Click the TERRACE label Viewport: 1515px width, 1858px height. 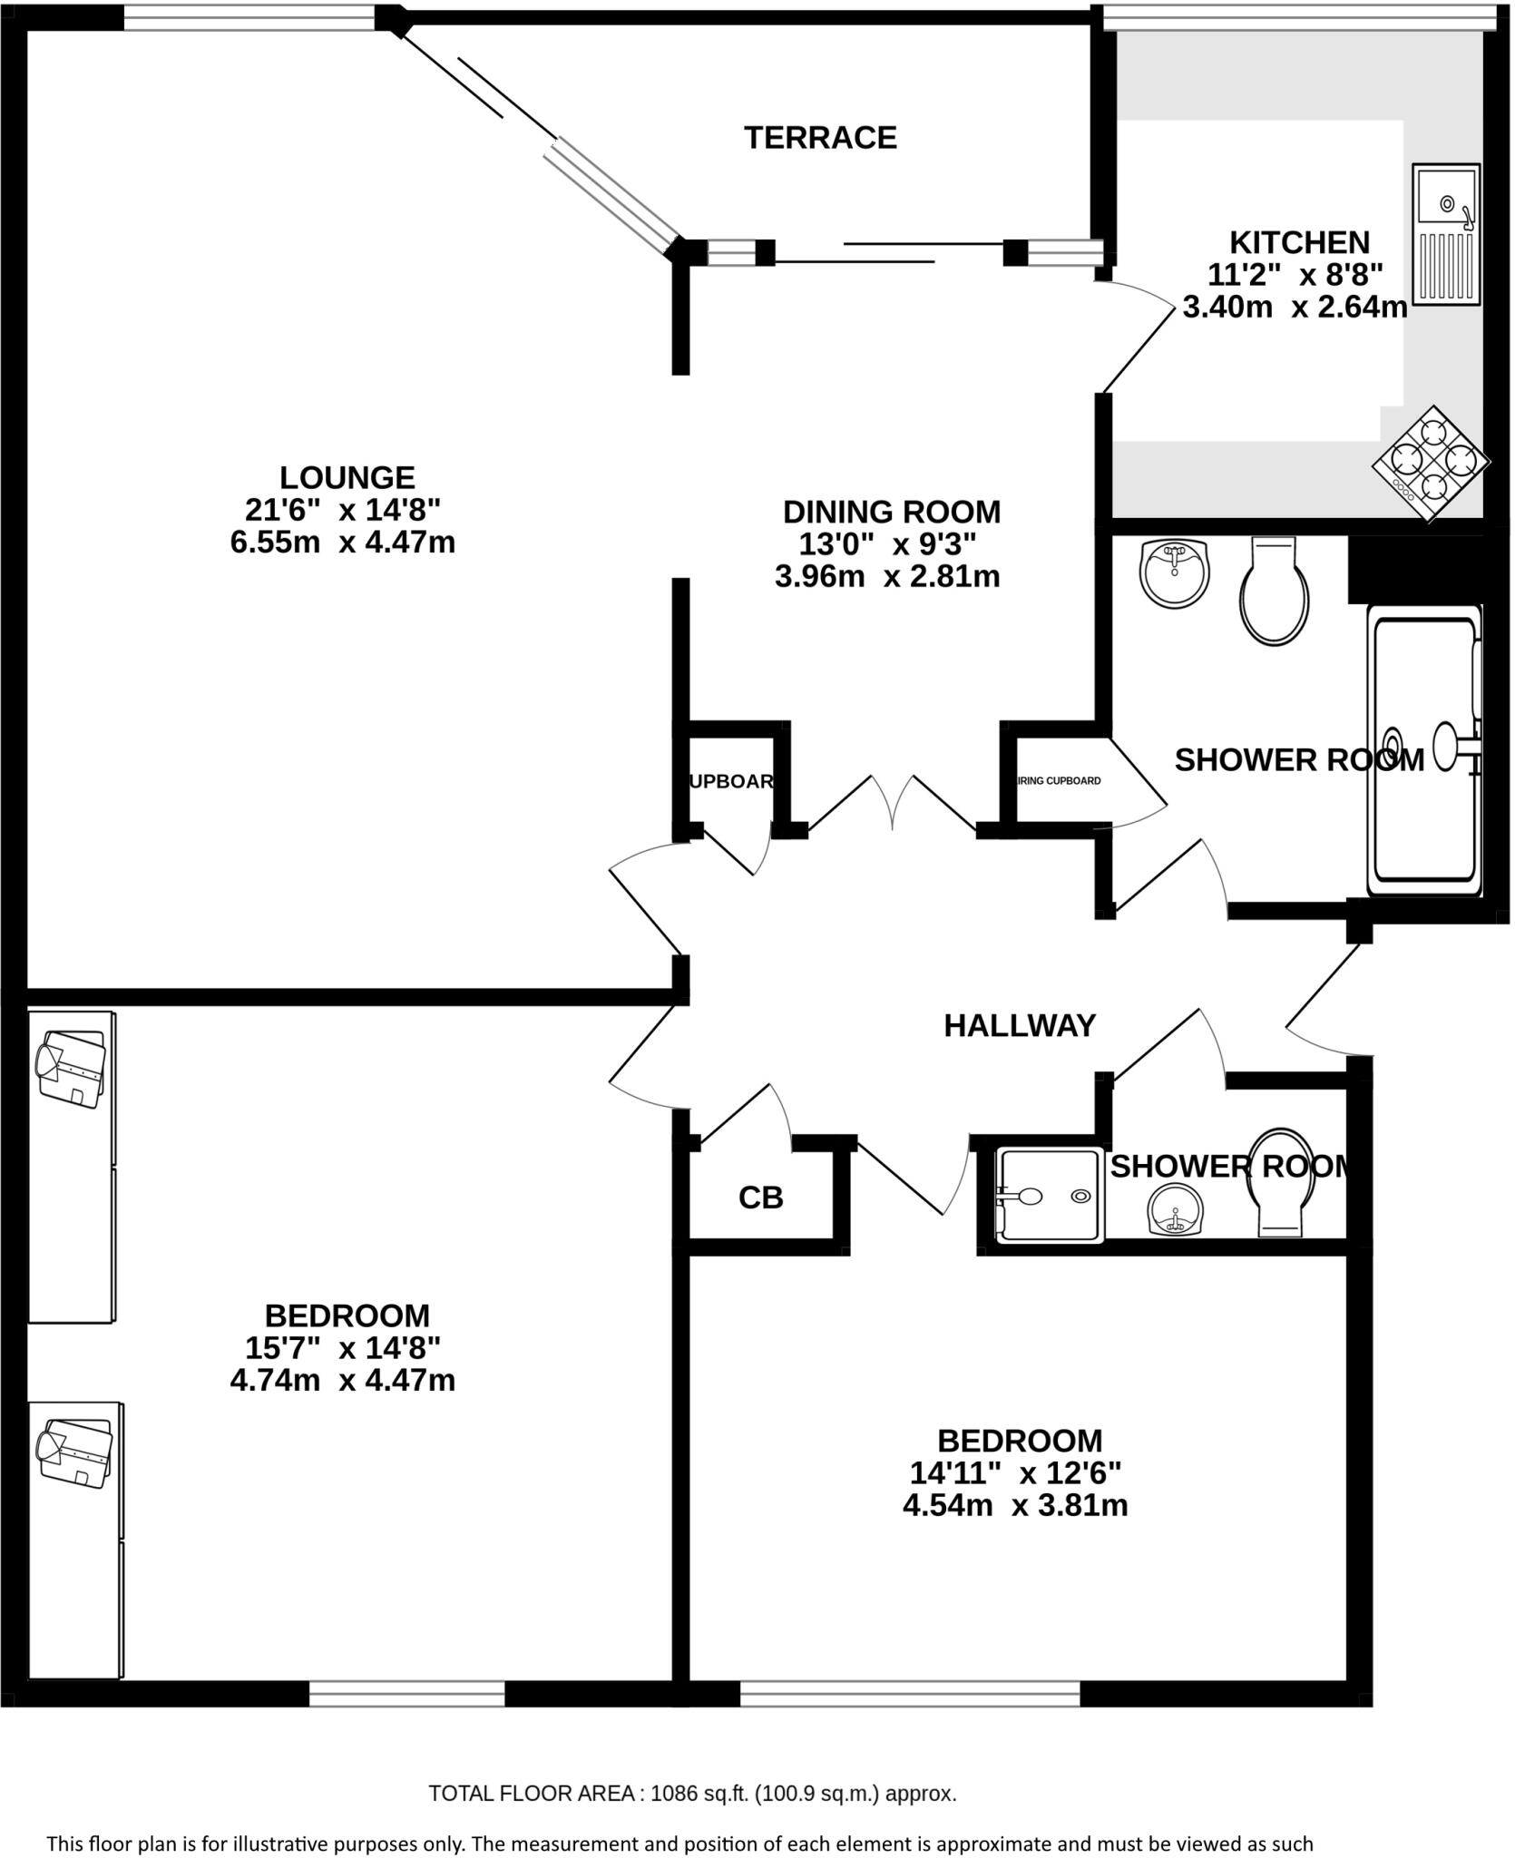point(820,138)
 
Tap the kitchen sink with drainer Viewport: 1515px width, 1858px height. point(1446,235)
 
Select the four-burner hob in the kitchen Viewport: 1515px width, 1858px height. point(1430,464)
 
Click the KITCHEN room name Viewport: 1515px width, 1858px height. point(1299,242)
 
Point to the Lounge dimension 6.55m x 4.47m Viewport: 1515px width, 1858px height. point(343,543)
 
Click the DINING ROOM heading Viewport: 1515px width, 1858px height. point(891,512)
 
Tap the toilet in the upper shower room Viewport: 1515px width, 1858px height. point(1274,592)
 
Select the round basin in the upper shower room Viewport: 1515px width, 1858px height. point(1175,572)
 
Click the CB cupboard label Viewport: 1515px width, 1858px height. point(760,1198)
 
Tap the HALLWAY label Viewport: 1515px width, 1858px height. point(1020,1026)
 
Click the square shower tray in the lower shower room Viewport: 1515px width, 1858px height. point(1050,1196)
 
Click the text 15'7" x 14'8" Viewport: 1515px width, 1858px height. point(343,1348)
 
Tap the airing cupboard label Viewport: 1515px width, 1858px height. point(1058,780)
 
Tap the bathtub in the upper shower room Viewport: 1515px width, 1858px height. point(1422,749)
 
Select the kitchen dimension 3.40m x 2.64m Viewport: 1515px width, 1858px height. point(1295,308)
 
